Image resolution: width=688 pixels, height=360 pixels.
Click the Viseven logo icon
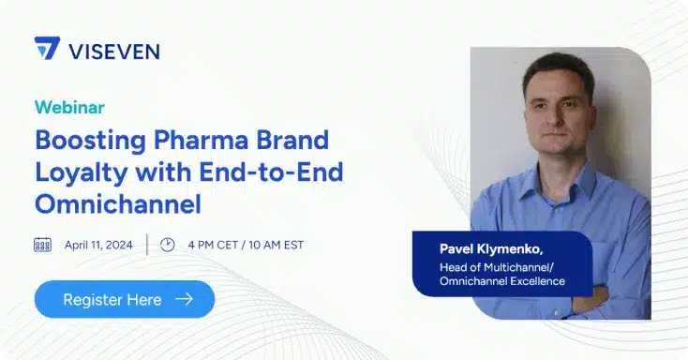[47, 49]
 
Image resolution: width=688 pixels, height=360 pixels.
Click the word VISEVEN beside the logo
[114, 50]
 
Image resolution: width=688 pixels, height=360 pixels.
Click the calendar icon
[42, 245]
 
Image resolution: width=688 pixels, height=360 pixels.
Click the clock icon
[168, 245]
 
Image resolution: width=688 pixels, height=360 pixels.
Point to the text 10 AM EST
[277, 245]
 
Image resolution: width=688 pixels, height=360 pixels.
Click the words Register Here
[112, 300]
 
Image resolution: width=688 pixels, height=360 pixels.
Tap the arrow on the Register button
[184, 300]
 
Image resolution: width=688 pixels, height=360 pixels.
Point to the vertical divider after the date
[146, 245]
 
